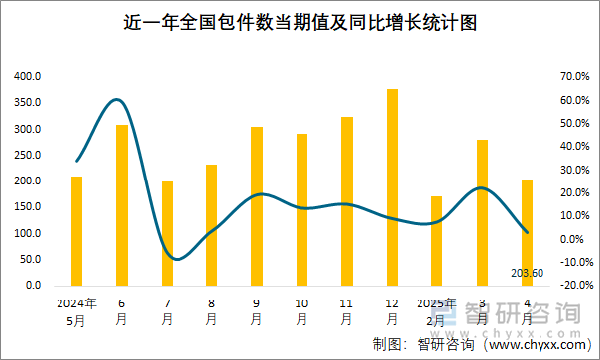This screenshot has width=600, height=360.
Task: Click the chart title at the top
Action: pos(300,22)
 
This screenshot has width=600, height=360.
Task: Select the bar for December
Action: pos(392,187)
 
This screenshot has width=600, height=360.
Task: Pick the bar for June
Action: pos(122,204)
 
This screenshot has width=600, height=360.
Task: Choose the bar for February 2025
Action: pos(436,240)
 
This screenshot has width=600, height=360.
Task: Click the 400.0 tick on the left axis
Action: pos(28,76)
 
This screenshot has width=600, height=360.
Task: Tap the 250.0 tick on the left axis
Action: pos(28,155)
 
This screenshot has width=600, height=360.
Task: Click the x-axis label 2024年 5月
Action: pos(76,311)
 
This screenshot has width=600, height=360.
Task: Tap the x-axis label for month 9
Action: pos(257,311)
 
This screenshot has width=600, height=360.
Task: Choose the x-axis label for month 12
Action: pos(392,311)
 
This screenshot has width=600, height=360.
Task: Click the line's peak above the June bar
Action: pos(117,99)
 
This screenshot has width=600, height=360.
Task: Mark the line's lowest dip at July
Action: pos(174,259)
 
